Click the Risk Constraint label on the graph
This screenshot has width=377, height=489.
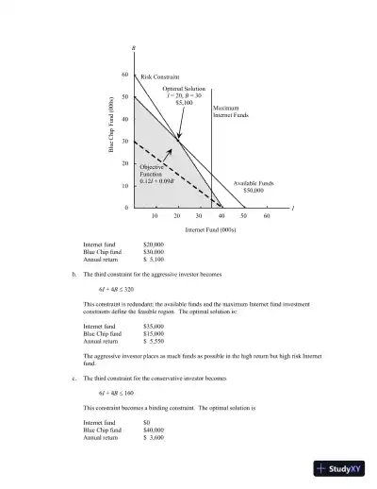click(159, 76)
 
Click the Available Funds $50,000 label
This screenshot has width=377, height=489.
click(254, 186)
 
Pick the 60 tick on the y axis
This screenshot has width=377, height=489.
click(124, 75)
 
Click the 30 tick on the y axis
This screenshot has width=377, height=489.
click(124, 141)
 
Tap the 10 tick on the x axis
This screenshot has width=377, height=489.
click(155, 215)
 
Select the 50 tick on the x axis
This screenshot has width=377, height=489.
click(244, 215)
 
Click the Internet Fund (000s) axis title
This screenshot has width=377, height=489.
click(210, 229)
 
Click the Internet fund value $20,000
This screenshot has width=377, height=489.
click(154, 244)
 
